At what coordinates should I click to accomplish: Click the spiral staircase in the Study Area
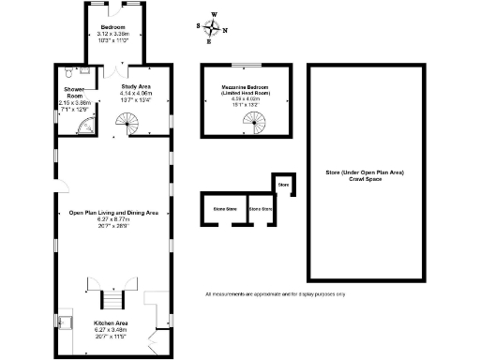pos(125,122)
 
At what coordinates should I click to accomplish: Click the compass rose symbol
pos(210,27)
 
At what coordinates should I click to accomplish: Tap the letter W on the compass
pos(213,14)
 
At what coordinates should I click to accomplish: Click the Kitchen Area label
pos(112,322)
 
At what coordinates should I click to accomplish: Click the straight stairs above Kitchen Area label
pos(112,300)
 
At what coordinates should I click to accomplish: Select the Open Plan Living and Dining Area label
pos(112,212)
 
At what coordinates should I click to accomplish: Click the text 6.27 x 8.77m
pos(112,219)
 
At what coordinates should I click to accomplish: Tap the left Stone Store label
pos(224,208)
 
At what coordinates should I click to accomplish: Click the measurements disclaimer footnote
pos(276,294)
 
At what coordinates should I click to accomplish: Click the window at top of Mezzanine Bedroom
pos(246,65)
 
